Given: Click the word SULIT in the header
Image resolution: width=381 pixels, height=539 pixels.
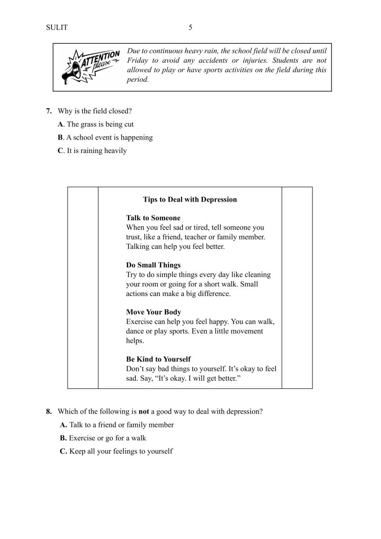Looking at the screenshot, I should point(57,28).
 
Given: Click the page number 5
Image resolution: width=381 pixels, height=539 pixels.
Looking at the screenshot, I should point(190,28).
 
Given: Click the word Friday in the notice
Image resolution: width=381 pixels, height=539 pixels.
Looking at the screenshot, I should point(138,61).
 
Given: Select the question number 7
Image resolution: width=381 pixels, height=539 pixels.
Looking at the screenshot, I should point(49,111).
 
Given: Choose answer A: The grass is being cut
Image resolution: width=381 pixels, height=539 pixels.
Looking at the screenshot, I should point(96,124).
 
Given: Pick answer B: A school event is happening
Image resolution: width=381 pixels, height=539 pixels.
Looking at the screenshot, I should point(105,138).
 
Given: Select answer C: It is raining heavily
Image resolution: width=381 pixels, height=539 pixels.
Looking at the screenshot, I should point(92,151).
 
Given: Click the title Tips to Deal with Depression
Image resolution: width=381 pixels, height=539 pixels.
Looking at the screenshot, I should point(190,200).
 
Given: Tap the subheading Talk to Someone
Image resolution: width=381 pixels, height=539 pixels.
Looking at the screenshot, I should point(153,218).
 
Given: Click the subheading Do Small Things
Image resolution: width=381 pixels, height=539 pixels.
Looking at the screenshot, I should point(153,265).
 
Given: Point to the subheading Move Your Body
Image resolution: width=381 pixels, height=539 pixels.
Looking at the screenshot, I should point(153,312).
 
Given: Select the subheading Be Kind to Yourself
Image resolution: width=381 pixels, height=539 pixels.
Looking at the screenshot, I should point(158,359).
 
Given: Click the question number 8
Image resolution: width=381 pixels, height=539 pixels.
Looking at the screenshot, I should point(49,411).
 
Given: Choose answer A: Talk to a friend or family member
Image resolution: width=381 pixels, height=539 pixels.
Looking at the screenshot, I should point(117,425).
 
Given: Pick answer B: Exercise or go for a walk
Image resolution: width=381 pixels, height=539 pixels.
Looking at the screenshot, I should point(103,437).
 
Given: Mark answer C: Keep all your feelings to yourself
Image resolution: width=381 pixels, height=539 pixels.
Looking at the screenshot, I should point(116,451).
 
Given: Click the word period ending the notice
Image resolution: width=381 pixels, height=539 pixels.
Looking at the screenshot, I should point(138,80).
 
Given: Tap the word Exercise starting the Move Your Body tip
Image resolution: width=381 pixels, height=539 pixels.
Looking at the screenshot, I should point(140,322).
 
